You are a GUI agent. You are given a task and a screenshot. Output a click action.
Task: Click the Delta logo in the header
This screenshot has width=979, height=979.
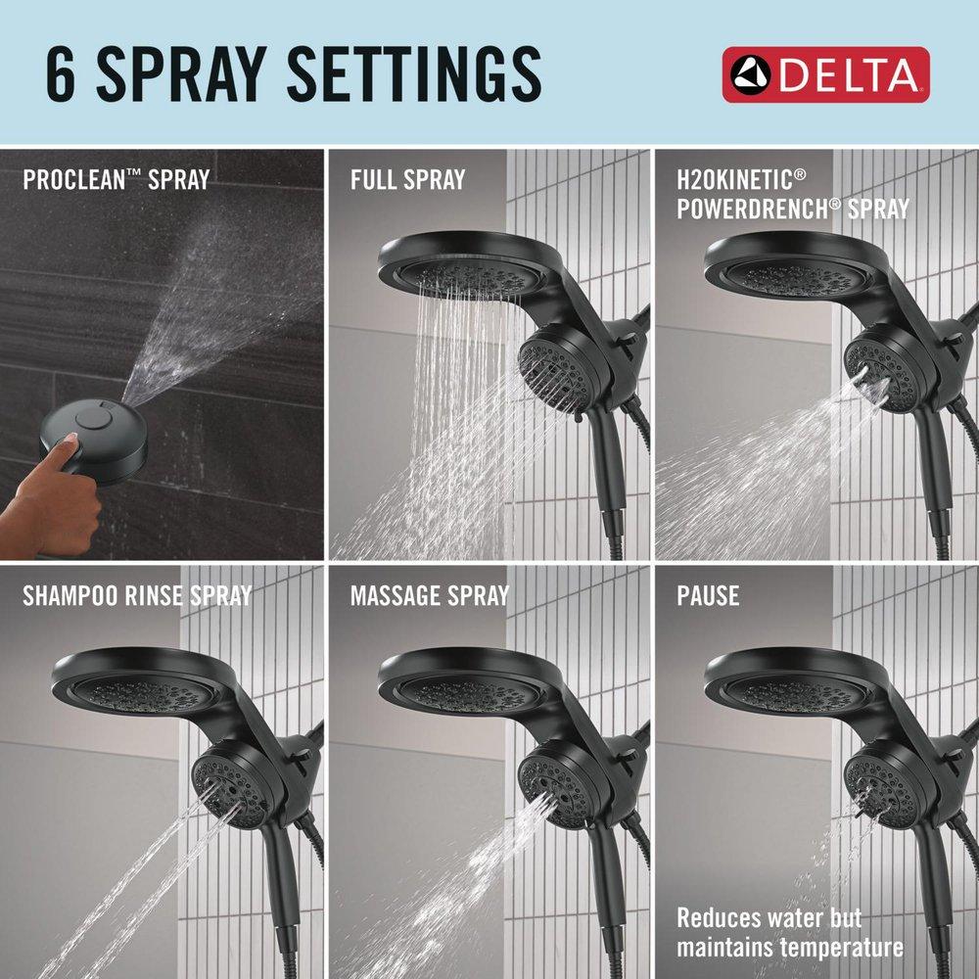tap(825, 74)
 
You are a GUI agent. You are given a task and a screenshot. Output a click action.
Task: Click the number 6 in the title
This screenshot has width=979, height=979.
tap(61, 75)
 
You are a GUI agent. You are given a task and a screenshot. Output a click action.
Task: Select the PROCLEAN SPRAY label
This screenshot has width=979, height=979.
tap(116, 180)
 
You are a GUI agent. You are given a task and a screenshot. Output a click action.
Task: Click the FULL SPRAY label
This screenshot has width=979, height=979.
tap(407, 180)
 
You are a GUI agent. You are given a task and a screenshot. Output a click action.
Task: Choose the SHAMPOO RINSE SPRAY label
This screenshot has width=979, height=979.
tap(137, 595)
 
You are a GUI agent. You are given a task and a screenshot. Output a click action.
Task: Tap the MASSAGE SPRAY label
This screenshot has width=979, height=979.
tap(430, 595)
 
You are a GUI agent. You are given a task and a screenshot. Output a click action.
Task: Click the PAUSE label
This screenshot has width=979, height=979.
tap(708, 595)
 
